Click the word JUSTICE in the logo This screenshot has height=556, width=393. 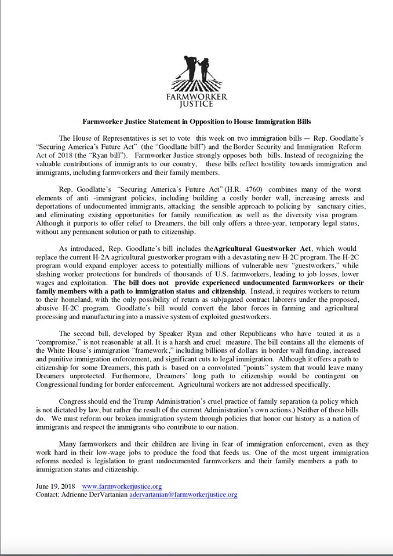(x=196, y=104)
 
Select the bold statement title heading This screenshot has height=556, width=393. (x=196, y=122)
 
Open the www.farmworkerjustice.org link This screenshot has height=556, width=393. (x=122, y=487)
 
